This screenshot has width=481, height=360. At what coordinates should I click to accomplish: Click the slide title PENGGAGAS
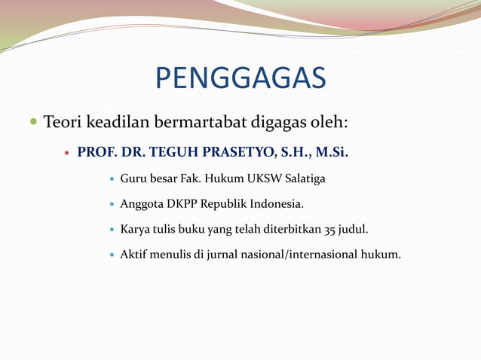[240, 78]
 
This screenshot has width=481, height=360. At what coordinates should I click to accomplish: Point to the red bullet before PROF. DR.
[67, 153]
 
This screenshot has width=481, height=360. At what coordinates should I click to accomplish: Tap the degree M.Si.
[332, 152]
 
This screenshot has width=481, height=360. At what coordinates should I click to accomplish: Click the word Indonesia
[276, 204]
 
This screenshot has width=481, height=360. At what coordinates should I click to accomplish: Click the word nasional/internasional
[307, 255]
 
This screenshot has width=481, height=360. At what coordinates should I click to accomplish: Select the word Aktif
[134, 255]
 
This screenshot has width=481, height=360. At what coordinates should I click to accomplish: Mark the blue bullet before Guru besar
[112, 179]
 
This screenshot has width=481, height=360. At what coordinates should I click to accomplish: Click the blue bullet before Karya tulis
[112, 230]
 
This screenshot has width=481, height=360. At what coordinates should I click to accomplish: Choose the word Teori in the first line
[62, 121]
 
